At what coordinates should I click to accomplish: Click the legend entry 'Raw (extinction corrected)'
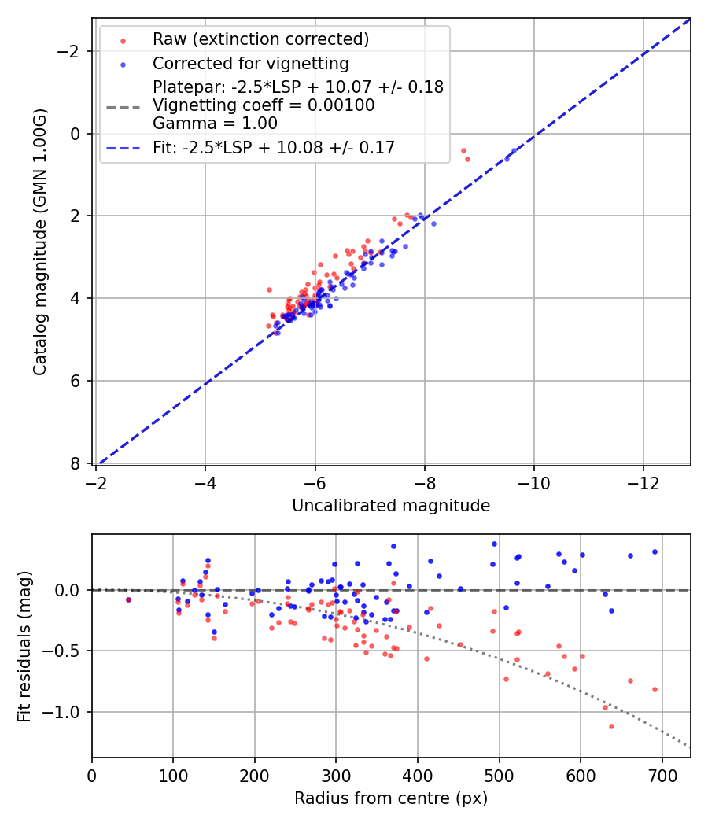(x=260, y=39)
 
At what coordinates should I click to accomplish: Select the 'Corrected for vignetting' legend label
(x=250, y=63)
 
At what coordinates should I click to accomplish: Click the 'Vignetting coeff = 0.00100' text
(x=264, y=105)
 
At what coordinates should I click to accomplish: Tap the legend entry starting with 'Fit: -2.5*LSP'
(x=273, y=147)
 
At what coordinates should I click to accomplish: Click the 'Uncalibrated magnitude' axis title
(x=391, y=506)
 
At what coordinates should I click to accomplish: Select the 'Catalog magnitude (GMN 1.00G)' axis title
(x=40, y=242)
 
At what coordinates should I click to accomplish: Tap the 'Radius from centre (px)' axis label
(x=391, y=798)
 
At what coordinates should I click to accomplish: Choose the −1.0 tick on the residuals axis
(x=68, y=712)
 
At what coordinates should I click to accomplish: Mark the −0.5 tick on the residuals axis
(x=68, y=651)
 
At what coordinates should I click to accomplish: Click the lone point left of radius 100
(x=128, y=599)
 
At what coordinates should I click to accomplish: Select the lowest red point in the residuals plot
(x=611, y=726)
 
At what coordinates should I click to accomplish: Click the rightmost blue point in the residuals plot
(x=655, y=551)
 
